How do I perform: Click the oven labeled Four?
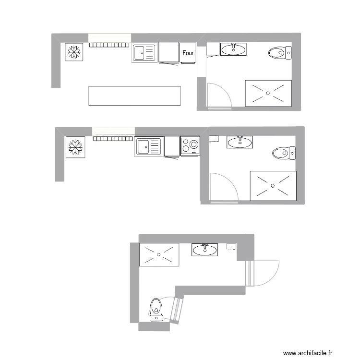(188, 53)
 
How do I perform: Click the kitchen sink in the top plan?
(144, 53)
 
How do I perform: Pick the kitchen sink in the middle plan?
(148, 146)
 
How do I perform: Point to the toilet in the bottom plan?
(156, 309)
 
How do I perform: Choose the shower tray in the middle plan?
(273, 185)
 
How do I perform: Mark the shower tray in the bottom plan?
(158, 254)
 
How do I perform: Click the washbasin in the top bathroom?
(234, 48)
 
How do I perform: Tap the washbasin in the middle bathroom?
(240, 142)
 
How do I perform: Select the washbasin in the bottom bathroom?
(204, 249)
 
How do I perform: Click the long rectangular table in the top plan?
(134, 96)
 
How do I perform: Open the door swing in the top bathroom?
(218, 95)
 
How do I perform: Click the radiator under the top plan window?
(109, 45)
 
